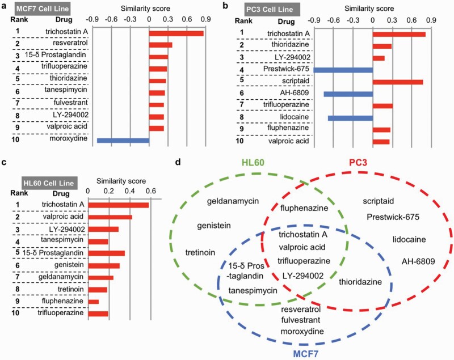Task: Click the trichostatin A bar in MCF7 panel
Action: click(176, 33)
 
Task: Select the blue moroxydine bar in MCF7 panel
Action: click(123, 139)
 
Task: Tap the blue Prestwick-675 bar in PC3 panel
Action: click(343, 70)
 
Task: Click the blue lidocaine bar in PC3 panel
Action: click(350, 118)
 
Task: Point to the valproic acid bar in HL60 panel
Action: click(110, 217)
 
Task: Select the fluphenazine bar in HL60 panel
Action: click(94, 302)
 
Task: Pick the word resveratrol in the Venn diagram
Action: click(301, 310)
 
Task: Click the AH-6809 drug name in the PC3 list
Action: click(289, 93)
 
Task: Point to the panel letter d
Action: click(179, 162)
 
